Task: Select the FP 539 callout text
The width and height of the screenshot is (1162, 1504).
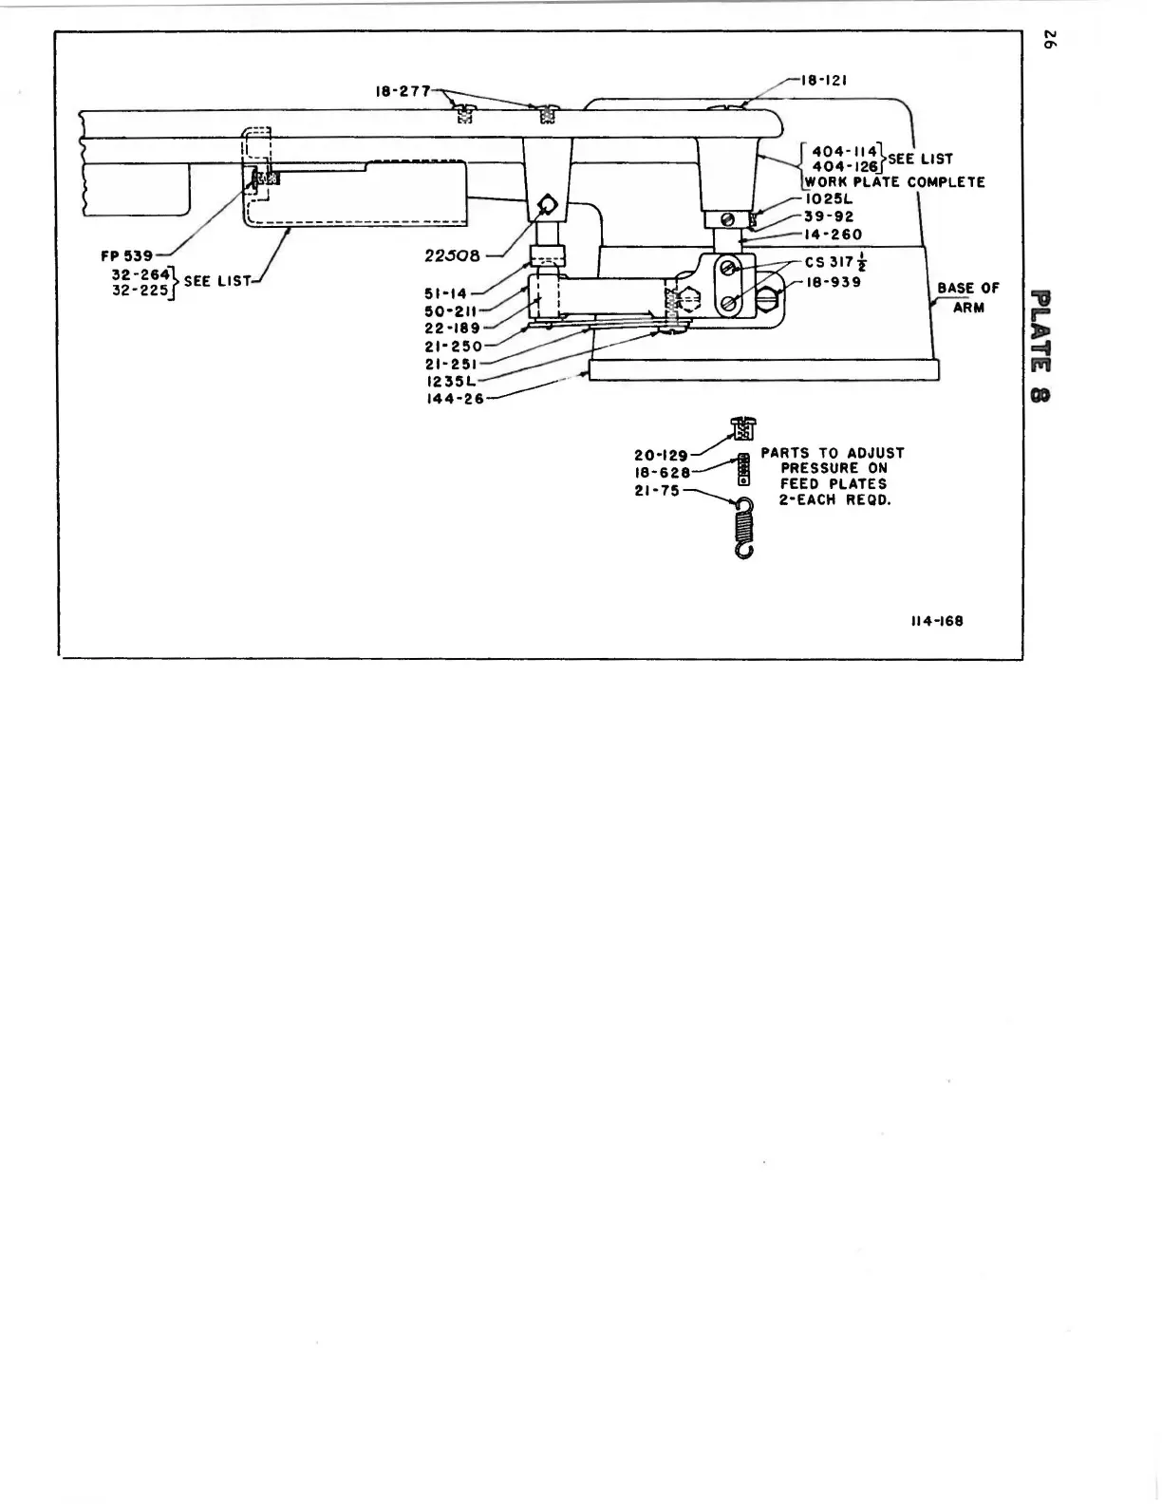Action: (x=127, y=256)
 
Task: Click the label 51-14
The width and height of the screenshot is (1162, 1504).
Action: (x=446, y=293)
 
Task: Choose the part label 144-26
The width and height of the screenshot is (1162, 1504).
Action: (x=455, y=399)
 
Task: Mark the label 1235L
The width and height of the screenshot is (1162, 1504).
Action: (x=450, y=382)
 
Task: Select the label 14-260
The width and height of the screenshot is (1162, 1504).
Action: (x=833, y=235)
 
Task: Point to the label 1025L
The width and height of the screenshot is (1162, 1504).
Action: (x=829, y=199)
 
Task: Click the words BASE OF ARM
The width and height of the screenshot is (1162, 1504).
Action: (x=967, y=297)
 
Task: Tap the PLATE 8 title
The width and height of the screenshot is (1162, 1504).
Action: (x=1040, y=345)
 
